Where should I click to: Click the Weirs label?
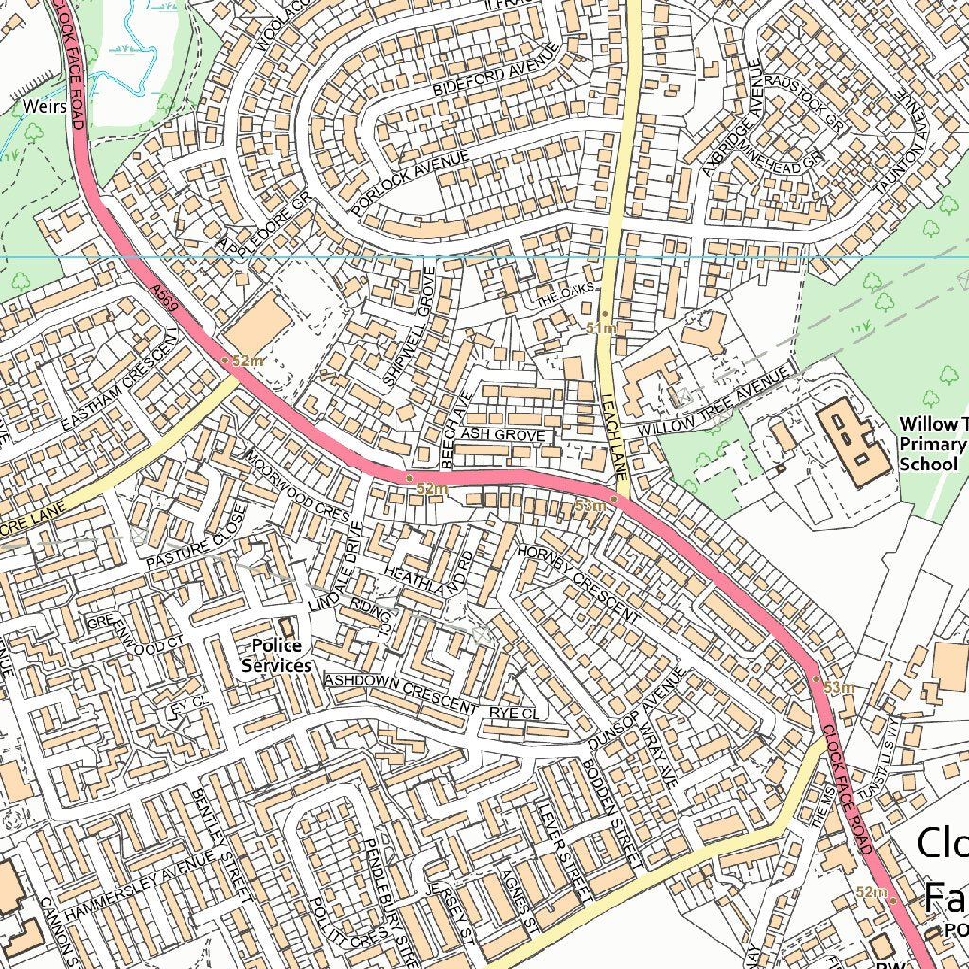pos(45,106)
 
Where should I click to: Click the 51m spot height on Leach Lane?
pos(601,327)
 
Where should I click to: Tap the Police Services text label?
pos(276,656)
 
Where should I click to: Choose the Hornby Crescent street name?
pos(578,582)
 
